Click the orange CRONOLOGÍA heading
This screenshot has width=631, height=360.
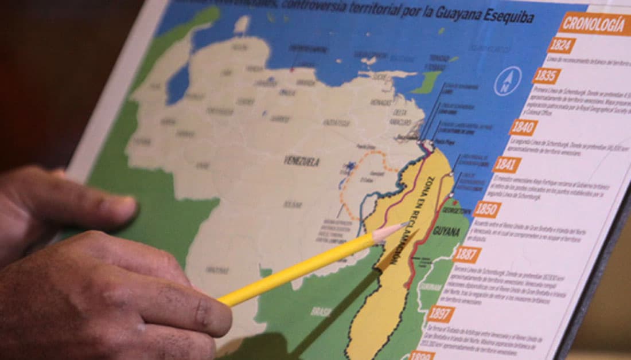[594, 24]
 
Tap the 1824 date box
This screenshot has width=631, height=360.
[562, 46]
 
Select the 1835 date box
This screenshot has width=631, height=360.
[547, 76]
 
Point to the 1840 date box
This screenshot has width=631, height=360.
[523, 127]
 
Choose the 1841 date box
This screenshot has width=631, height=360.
[507, 165]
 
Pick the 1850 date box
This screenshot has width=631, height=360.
[488, 209]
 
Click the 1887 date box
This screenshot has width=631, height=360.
[467, 254]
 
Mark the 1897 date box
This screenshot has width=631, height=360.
[441, 313]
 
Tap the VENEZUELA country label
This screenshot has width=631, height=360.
[301, 161]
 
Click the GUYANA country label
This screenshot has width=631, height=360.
[446, 232]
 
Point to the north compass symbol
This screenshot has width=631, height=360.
[508, 81]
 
